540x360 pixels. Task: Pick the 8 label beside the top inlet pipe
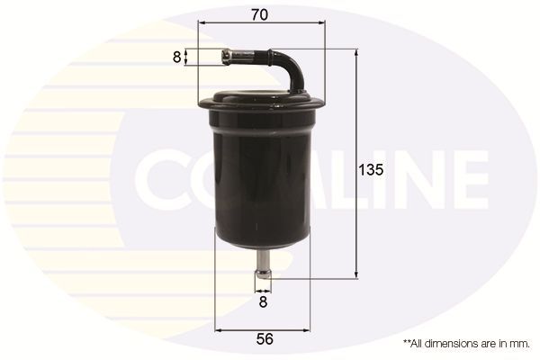coord(176,57)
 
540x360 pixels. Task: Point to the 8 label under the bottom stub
coord(262,304)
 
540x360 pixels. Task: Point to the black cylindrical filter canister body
coord(261,180)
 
